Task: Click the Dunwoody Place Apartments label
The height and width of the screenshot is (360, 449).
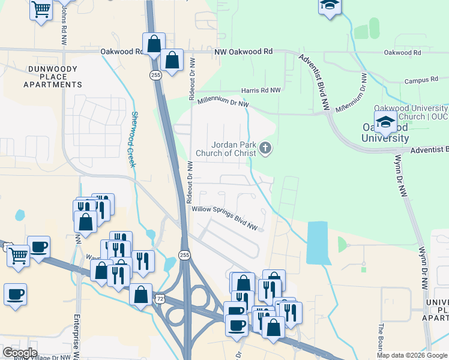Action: click(x=53, y=77)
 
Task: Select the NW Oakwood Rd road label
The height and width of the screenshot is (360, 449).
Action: click(x=244, y=52)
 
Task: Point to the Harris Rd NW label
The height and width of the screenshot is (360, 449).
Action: click(x=261, y=90)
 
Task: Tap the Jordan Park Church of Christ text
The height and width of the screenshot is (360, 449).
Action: click(x=234, y=149)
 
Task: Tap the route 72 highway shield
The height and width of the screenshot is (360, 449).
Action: click(x=159, y=298)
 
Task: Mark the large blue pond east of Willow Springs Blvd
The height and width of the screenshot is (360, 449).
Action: click(x=318, y=242)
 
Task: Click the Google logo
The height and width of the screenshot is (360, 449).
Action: click(x=20, y=353)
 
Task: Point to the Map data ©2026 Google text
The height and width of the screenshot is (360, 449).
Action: click(x=412, y=355)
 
